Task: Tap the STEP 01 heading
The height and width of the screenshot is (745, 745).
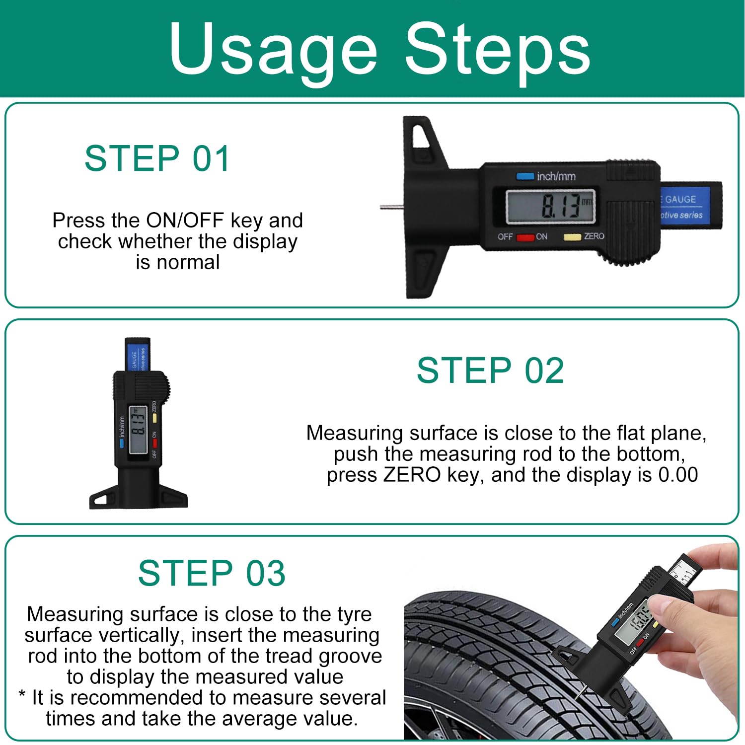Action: pyautogui.click(x=157, y=159)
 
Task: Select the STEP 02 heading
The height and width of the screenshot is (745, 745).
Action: pyautogui.click(x=490, y=371)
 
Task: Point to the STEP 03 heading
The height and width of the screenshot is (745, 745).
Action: pyautogui.click(x=212, y=573)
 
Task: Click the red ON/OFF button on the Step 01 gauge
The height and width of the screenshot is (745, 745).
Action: pyautogui.click(x=525, y=237)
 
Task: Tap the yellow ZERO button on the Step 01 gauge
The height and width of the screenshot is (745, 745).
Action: pyautogui.click(x=572, y=237)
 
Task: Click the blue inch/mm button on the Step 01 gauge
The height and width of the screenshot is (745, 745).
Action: pyautogui.click(x=525, y=176)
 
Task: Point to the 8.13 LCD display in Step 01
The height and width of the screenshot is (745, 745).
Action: pyautogui.click(x=550, y=206)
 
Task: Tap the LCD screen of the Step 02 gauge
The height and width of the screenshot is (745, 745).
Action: pyautogui.click(x=138, y=430)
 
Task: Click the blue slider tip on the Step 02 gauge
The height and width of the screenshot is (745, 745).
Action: pyautogui.click(x=137, y=355)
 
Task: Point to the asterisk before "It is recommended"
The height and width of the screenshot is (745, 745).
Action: pyautogui.click(x=22, y=694)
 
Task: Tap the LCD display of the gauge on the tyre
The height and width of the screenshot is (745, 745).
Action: pyautogui.click(x=633, y=623)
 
